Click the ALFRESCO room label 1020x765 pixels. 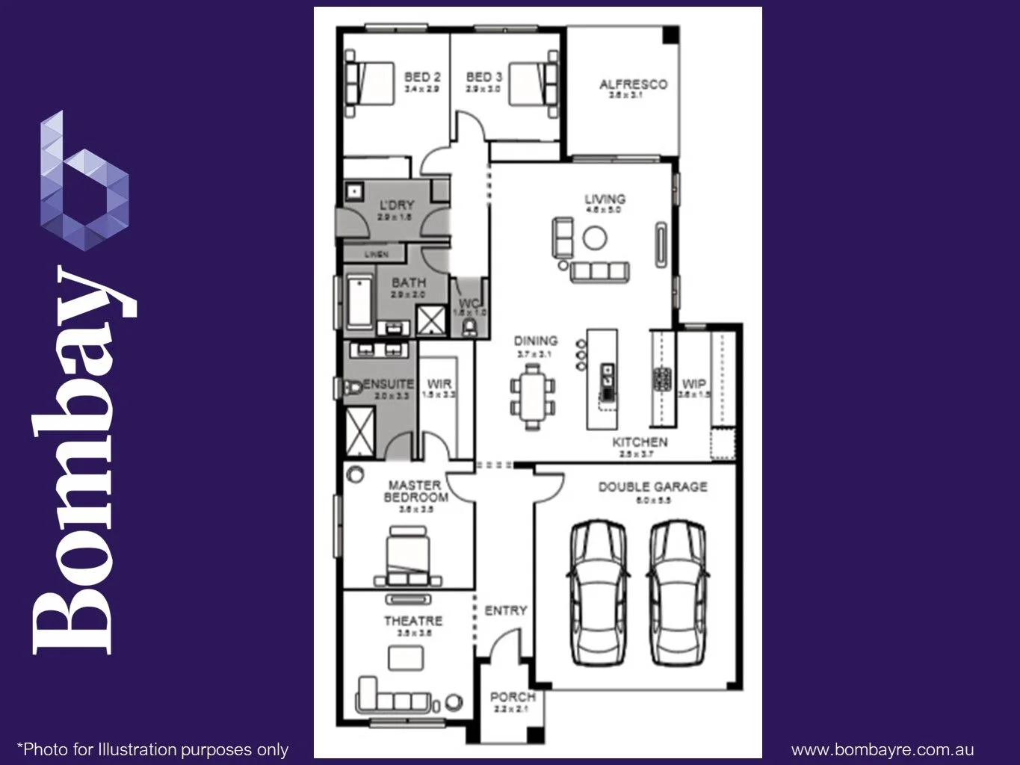633,84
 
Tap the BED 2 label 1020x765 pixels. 422,77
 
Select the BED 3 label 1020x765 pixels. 483,77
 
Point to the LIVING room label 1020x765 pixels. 605,199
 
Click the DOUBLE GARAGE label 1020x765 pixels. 652,487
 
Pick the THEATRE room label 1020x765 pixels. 413,621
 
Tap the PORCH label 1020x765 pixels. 512,697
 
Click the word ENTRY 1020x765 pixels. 506,610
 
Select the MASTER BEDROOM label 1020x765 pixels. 415,491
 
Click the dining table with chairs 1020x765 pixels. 533,396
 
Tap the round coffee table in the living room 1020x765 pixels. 596,238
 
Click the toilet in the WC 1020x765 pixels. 470,327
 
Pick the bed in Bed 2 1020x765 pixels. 370,81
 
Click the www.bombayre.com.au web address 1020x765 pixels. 882,749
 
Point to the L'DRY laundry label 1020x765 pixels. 396,205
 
